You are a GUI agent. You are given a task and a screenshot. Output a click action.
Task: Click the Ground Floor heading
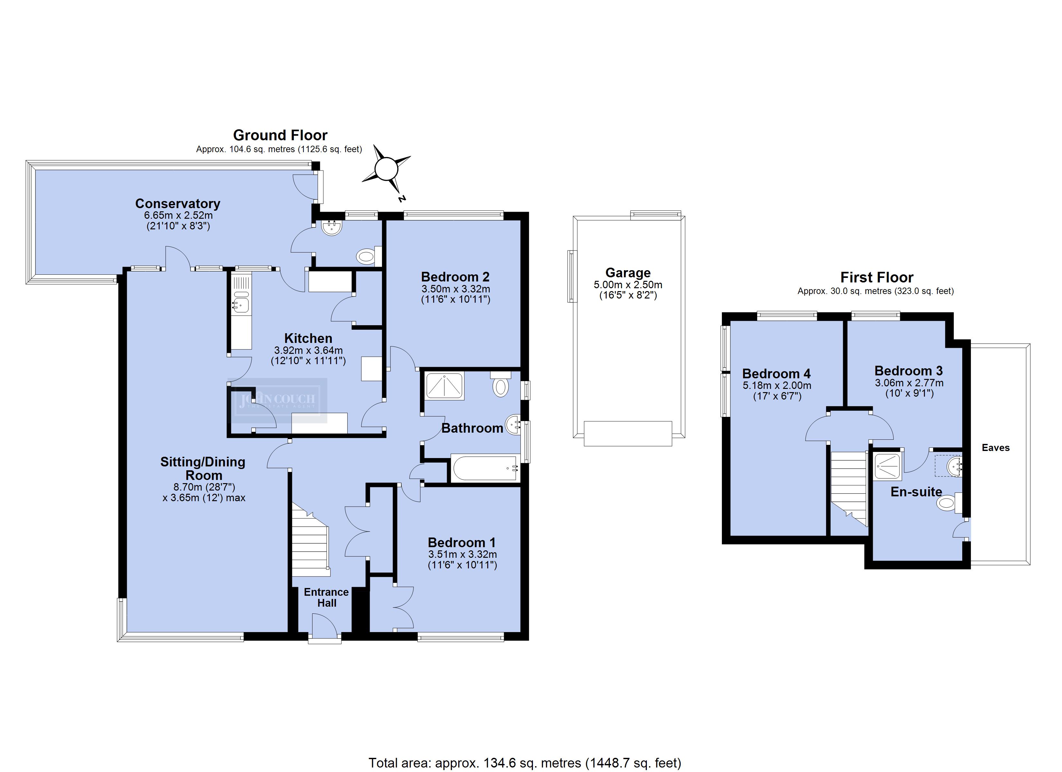click(281, 135)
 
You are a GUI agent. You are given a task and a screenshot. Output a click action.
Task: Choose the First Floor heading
click(877, 277)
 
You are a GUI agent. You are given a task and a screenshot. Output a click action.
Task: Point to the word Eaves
click(995, 447)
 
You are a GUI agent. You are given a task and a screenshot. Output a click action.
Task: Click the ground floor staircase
click(311, 539)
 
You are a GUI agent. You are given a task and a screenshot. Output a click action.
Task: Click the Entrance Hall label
click(326, 597)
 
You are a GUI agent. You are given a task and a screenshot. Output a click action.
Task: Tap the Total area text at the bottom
click(525, 763)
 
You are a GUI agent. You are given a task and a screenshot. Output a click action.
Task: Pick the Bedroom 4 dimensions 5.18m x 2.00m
click(777, 386)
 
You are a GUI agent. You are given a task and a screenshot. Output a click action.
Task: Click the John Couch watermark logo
click(277, 400)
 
